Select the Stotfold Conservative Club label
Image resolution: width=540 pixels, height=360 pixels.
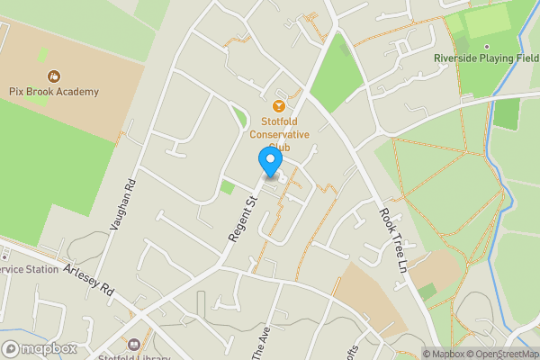(x=284, y=134)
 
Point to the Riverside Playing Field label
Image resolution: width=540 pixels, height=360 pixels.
(x=486, y=58)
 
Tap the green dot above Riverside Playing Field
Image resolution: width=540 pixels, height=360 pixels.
(x=486, y=46)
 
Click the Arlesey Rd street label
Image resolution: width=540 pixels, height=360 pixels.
(x=90, y=280)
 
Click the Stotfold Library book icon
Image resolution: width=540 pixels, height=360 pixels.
(x=134, y=343)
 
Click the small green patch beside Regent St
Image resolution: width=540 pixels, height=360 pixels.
(x=227, y=187)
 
